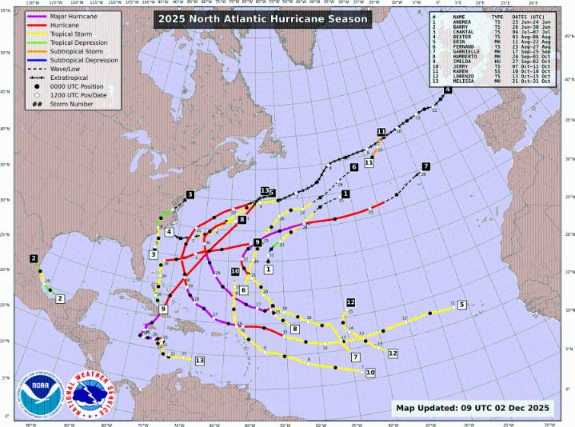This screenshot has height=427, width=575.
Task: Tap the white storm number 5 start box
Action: (462, 304)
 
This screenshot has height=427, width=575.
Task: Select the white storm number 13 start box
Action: (200, 361)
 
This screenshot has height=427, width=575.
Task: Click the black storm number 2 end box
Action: (34, 258)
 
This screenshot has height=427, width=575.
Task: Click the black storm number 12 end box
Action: (350, 302)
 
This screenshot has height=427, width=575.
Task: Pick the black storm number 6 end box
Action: (353, 167)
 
